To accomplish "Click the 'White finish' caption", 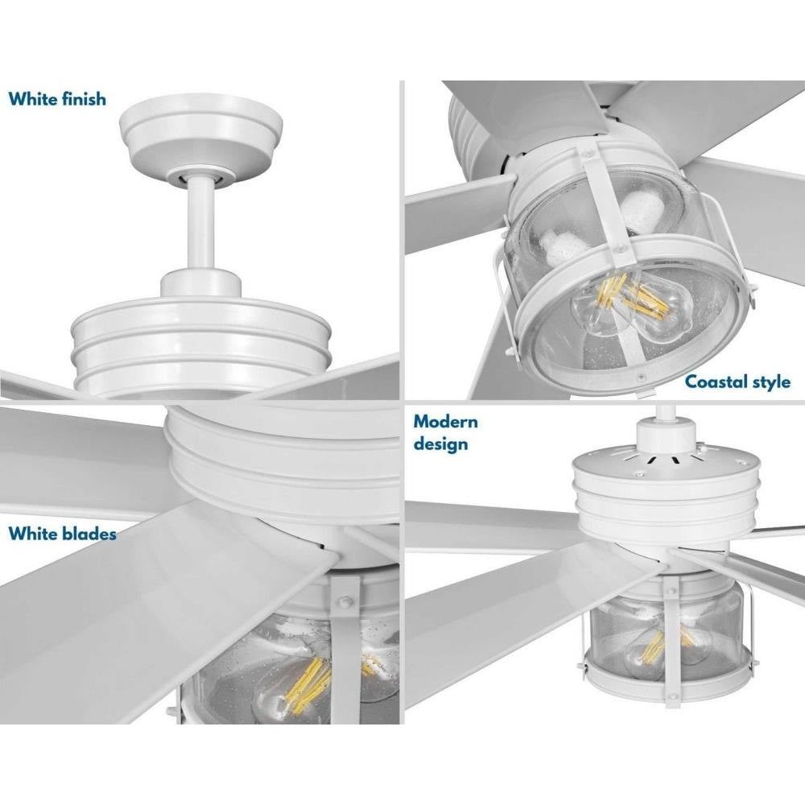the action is point(57,98).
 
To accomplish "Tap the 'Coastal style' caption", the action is point(737,382).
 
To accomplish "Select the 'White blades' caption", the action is point(62,534).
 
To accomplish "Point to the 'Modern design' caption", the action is point(446,433).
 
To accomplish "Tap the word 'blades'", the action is point(89,534).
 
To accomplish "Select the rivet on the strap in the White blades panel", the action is point(343,601).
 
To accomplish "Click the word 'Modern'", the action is point(446,422).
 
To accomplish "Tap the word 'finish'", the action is point(84,98).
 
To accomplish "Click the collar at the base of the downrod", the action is point(200,283).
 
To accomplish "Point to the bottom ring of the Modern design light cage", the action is point(667,678).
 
